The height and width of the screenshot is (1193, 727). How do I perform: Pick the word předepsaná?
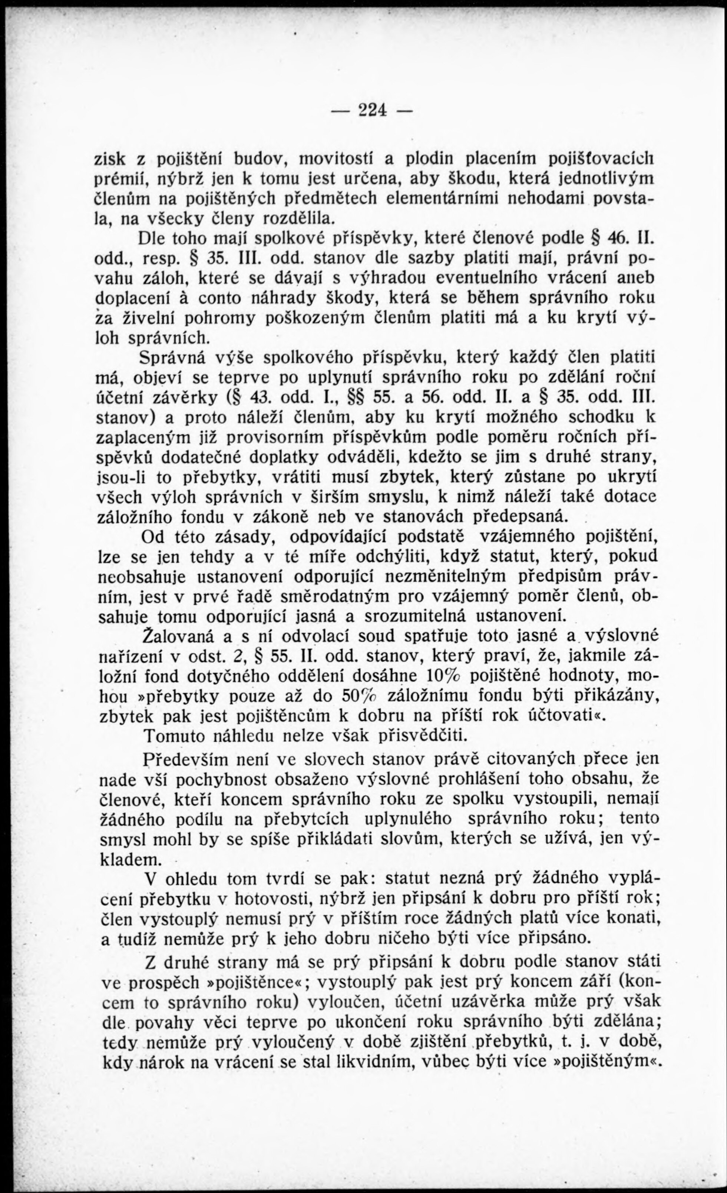[518, 517]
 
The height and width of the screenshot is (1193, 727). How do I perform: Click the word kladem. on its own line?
[129, 859]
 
